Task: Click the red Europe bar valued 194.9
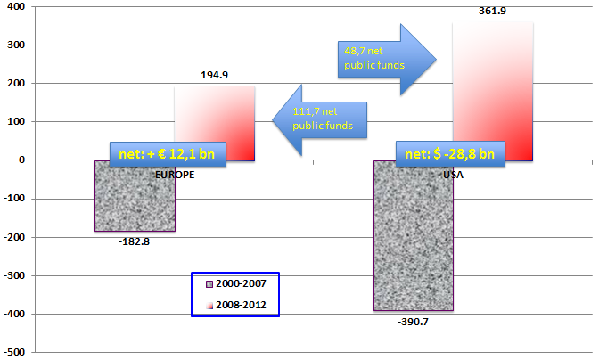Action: pyautogui.click(x=214, y=111)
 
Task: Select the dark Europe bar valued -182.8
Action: pyautogui.click(x=135, y=200)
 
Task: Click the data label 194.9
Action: pyautogui.click(x=214, y=75)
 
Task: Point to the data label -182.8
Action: pyautogui.click(x=135, y=241)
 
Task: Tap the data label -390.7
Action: pyautogui.click(x=414, y=321)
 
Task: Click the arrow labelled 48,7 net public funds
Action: pyautogui.click(x=386, y=58)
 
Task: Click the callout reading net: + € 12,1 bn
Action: pyautogui.click(x=168, y=153)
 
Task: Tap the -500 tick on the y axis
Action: pyautogui.click(x=18, y=352)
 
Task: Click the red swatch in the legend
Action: pyautogui.click(x=209, y=306)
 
